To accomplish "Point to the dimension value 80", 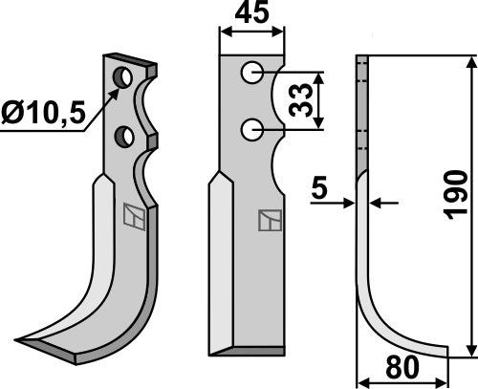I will pyautogui.click(x=402, y=368).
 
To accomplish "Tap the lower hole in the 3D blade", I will pyautogui.click(x=123, y=137).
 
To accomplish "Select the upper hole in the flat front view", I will pyautogui.click(x=250, y=72).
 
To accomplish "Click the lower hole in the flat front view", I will pyautogui.click(x=250, y=126).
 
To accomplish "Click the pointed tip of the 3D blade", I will pyautogui.click(x=21, y=339).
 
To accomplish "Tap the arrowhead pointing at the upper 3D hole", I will pyautogui.click(x=116, y=88).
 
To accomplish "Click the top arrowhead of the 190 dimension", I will pyautogui.click(x=468, y=62).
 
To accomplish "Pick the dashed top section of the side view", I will pyautogui.click(x=362, y=105).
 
